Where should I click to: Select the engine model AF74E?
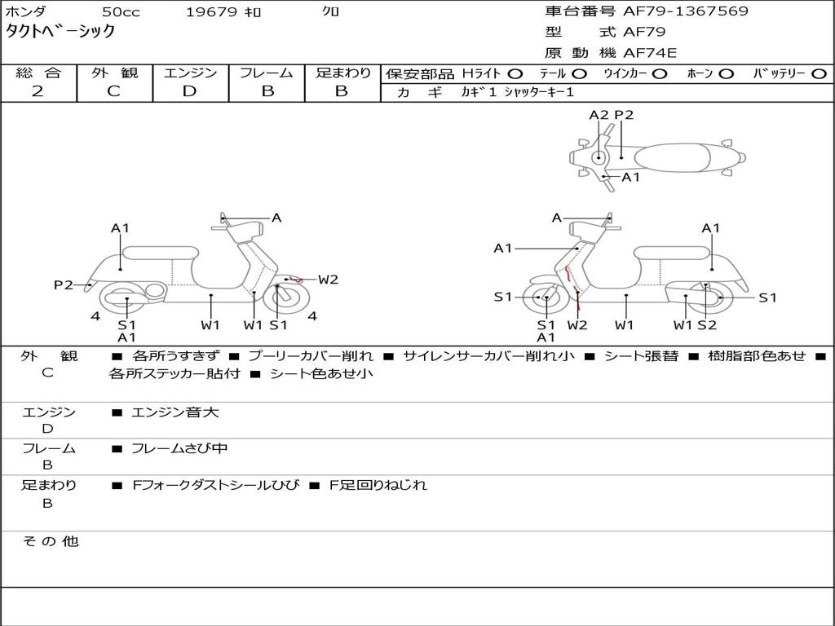pos(649,54)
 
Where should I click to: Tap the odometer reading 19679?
pos(211,12)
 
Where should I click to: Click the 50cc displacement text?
pos(120,12)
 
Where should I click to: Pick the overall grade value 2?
pos(38,91)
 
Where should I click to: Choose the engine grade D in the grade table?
pos(189,91)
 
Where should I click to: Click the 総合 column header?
pos(38,73)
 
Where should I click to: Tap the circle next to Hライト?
pos(515,73)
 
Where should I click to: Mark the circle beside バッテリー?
pos(820,73)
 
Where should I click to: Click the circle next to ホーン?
pos(726,73)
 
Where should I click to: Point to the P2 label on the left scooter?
pos(64,284)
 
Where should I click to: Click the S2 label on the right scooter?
pos(707,325)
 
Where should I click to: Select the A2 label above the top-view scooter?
pos(599,115)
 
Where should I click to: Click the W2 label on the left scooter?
pos(328,280)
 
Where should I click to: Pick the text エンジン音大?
pos(175,412)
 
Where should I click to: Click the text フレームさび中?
pos(179,448)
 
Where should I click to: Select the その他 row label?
pos(50,541)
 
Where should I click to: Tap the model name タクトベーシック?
pos(60,32)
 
